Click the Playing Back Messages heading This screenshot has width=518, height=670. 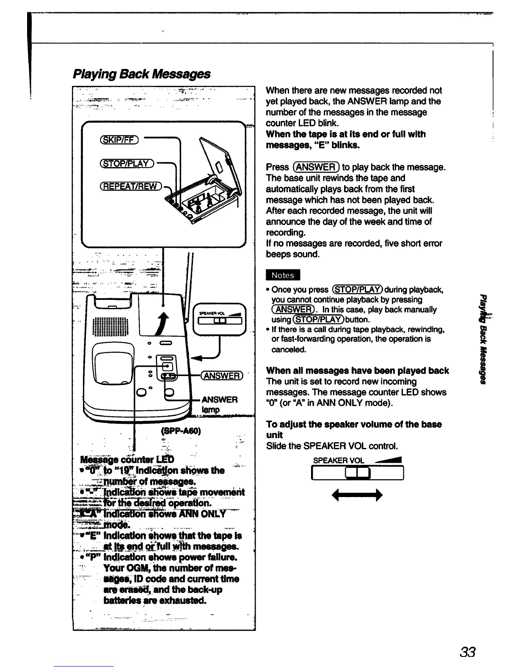[141, 74]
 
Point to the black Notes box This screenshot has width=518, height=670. [282, 275]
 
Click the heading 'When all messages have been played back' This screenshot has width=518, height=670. [357, 371]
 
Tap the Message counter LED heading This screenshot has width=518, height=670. [124, 459]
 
